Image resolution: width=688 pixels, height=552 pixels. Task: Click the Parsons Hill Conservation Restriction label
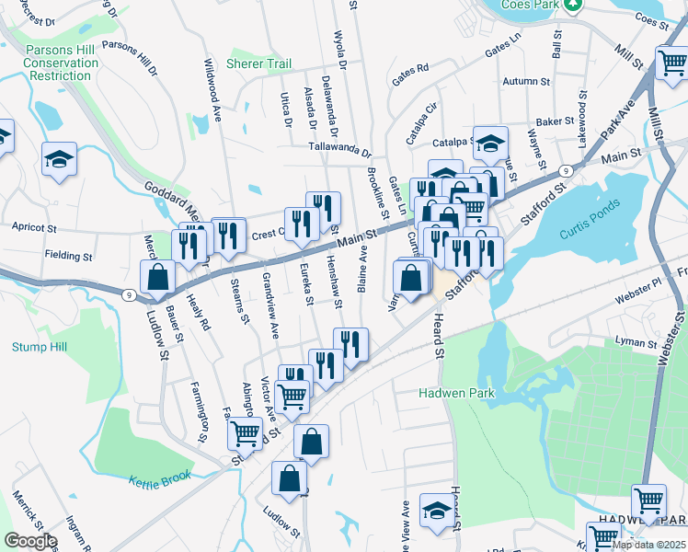[62, 63]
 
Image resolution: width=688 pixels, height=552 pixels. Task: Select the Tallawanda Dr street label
[339, 153]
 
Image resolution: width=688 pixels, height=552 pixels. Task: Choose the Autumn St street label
[526, 81]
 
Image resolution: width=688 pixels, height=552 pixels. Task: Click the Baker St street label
[555, 121]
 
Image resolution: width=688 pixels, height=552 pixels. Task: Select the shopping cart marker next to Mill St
[672, 63]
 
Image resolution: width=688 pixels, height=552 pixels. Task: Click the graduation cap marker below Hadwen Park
[436, 511]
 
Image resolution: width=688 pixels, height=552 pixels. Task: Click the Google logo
[29, 541]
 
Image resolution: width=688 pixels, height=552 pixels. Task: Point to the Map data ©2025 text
[648, 545]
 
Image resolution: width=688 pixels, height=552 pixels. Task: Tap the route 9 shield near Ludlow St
[128, 293]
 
